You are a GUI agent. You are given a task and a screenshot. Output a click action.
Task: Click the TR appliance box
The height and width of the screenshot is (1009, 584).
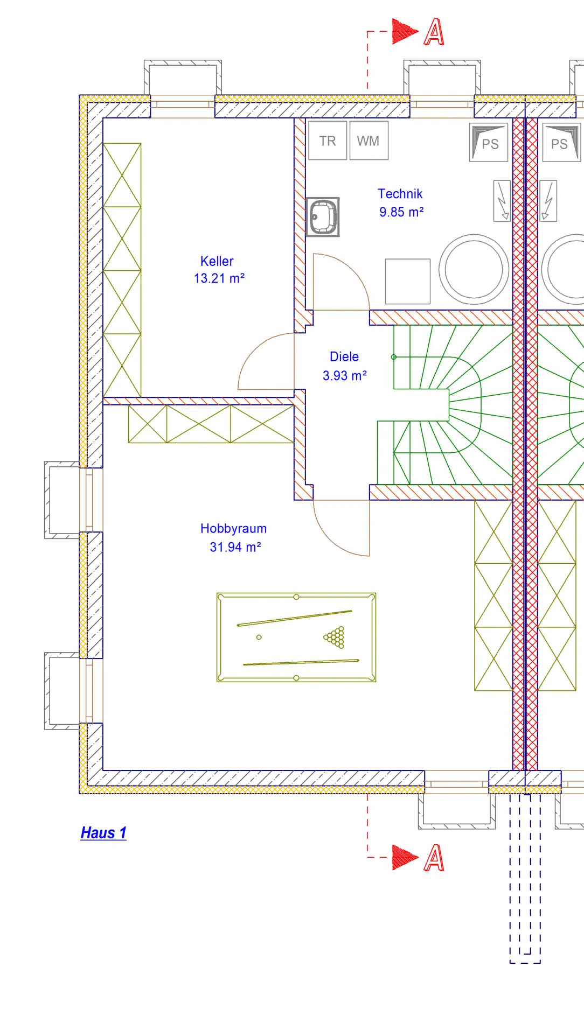(x=328, y=141)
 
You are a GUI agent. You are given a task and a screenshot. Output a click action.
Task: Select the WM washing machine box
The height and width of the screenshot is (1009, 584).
(x=369, y=141)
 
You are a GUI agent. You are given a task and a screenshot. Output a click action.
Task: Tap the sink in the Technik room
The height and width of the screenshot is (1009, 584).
(x=323, y=217)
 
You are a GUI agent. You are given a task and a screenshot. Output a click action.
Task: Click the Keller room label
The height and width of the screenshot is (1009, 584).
(x=217, y=261)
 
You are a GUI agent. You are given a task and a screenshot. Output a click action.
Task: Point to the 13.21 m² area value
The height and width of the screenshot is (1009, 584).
(x=219, y=278)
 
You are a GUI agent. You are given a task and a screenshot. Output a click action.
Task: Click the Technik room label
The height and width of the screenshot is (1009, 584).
(x=400, y=194)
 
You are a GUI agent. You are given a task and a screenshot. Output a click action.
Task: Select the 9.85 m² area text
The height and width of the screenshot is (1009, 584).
(x=401, y=212)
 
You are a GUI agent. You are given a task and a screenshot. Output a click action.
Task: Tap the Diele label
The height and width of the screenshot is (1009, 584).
(x=344, y=356)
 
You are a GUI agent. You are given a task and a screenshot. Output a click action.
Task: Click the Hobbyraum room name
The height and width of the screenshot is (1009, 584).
(x=233, y=529)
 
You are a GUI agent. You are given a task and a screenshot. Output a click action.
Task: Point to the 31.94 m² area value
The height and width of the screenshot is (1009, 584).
(x=235, y=547)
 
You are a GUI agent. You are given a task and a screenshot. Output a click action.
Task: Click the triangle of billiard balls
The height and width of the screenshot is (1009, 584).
(x=335, y=637)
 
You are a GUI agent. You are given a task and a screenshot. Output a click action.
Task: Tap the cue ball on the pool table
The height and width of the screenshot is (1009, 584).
(x=259, y=637)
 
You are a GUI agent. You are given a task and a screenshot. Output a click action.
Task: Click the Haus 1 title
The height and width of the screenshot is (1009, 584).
(x=103, y=833)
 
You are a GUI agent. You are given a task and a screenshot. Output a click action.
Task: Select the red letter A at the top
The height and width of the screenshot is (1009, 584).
(x=434, y=32)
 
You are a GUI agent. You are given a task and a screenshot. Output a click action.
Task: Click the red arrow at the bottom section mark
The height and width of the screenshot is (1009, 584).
(x=405, y=857)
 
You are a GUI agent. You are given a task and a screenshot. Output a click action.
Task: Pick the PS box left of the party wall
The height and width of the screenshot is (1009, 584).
(x=489, y=143)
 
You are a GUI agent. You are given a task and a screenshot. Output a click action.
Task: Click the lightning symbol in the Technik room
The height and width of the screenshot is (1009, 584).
(x=502, y=201)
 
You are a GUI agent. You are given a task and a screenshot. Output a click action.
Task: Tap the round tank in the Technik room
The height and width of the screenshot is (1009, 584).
(x=474, y=269)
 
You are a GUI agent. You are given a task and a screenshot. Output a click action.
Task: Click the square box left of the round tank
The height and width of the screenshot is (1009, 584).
(x=408, y=282)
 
